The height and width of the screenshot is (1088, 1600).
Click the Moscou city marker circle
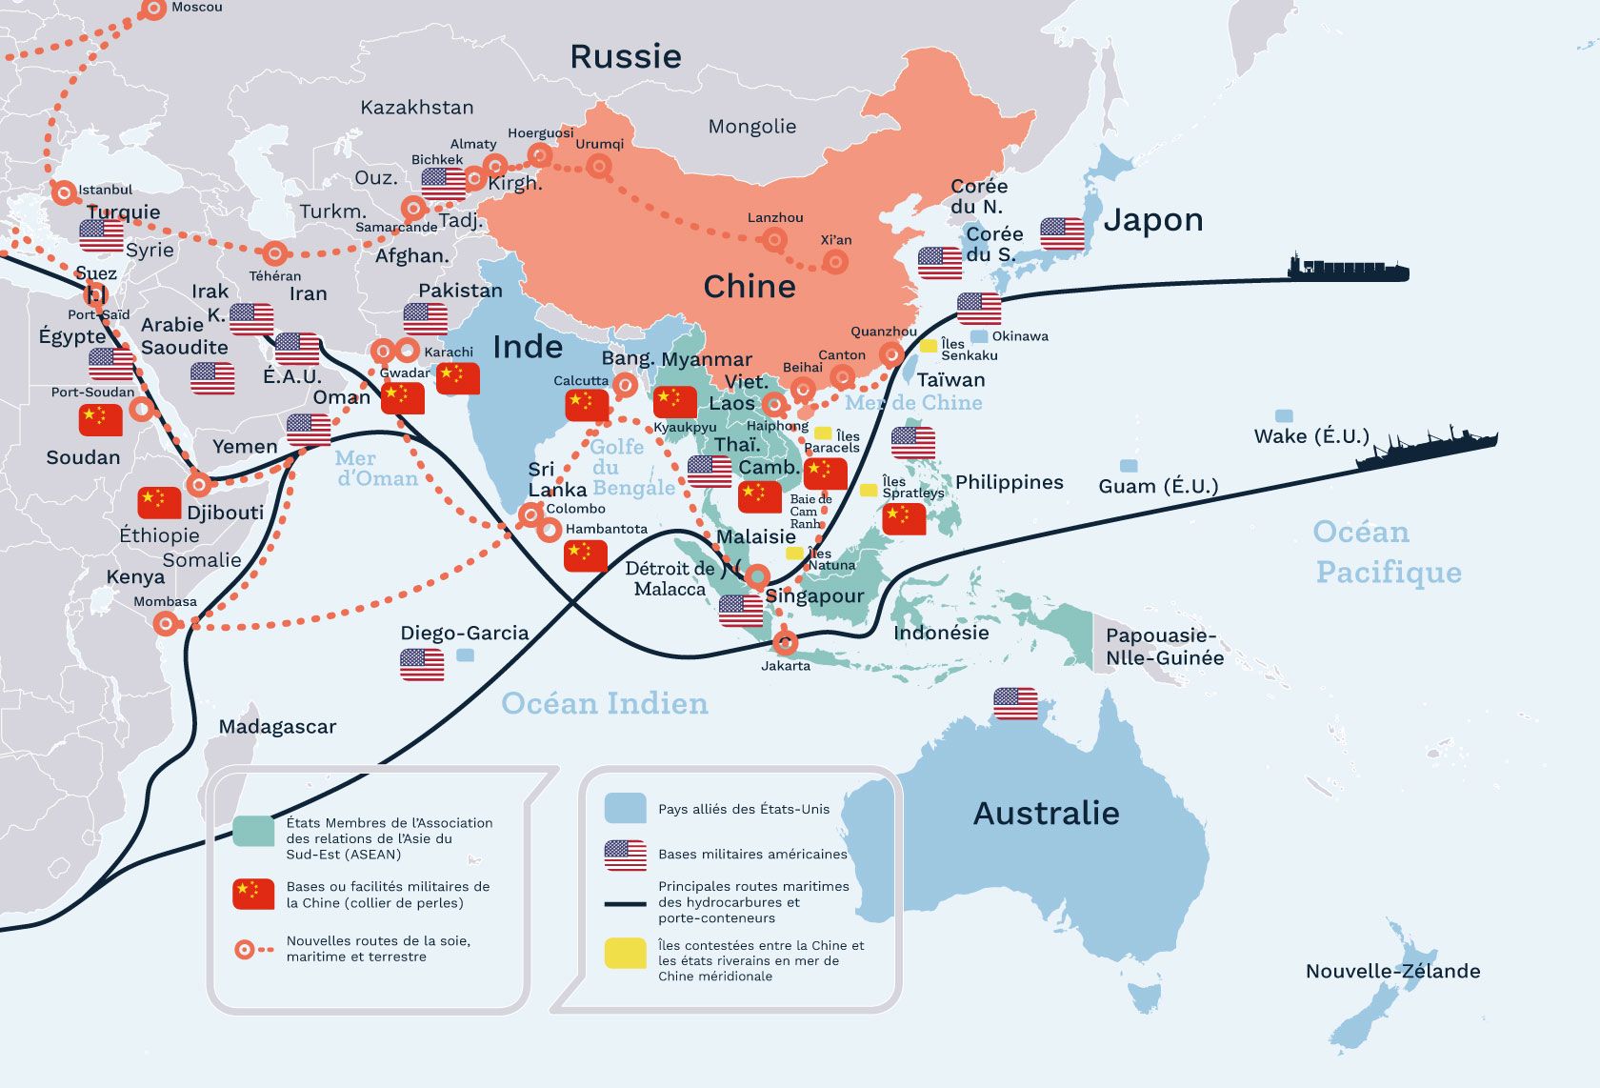(x=153, y=10)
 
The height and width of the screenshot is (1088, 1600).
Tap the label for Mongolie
(x=751, y=127)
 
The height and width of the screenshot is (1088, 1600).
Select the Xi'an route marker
(x=835, y=261)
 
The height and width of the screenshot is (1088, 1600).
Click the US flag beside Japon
(x=1062, y=233)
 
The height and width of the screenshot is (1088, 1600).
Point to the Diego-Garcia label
(x=464, y=634)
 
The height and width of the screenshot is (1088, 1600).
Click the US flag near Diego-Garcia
(x=422, y=664)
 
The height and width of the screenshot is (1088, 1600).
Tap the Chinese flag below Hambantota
(x=585, y=555)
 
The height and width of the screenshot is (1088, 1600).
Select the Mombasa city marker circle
(x=166, y=624)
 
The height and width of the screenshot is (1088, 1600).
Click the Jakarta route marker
(x=785, y=641)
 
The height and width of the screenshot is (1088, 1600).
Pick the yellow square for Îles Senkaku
(x=928, y=346)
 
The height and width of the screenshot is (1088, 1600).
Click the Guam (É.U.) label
(x=1158, y=487)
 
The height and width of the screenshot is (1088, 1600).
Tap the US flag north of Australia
(x=1015, y=703)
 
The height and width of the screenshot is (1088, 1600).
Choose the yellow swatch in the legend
(x=625, y=953)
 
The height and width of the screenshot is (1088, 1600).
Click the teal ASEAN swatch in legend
(x=253, y=831)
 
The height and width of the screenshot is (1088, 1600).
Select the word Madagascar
(x=277, y=727)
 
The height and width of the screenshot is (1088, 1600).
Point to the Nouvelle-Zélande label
(x=1392, y=972)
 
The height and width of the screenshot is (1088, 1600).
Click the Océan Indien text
(x=605, y=704)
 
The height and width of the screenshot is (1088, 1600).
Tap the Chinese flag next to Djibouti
(x=159, y=502)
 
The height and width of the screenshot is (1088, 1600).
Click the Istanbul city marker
(x=64, y=192)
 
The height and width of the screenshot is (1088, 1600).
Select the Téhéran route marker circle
(x=274, y=253)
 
